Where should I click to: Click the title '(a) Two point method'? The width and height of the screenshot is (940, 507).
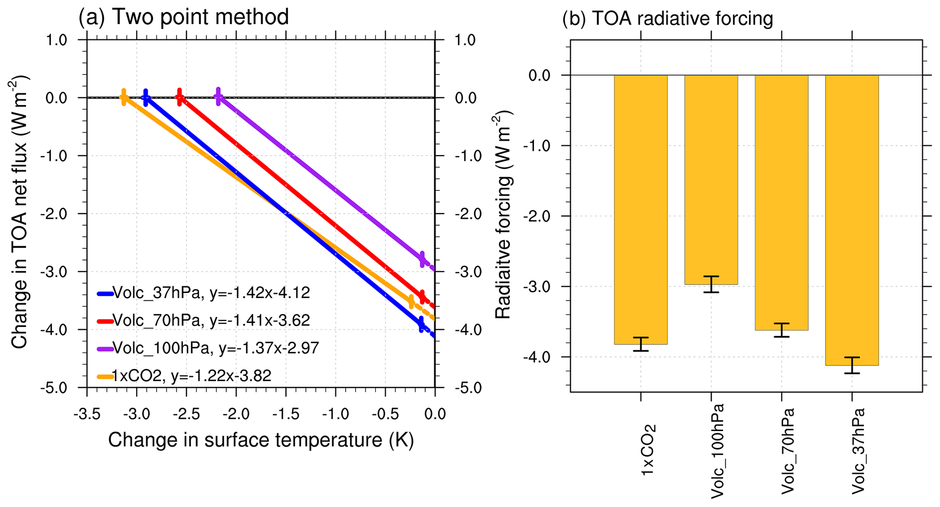pyautogui.click(x=183, y=17)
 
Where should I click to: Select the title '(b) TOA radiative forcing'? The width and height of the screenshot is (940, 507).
pyautogui.click(x=668, y=19)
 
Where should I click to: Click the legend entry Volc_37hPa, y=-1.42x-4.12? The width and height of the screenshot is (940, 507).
pyautogui.click(x=204, y=293)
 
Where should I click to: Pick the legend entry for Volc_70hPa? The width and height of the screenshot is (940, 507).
pyautogui.click(x=204, y=321)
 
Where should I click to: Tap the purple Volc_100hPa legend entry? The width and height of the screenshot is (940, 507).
pyautogui.click(x=208, y=348)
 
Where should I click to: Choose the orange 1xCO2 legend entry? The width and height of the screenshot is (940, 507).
pyautogui.click(x=184, y=376)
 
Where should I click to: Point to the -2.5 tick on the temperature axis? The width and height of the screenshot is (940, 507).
pyautogui.click(x=186, y=414)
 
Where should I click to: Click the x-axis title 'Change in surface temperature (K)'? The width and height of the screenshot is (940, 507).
pyautogui.click(x=261, y=440)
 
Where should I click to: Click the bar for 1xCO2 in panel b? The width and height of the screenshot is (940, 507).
pyautogui.click(x=640, y=209)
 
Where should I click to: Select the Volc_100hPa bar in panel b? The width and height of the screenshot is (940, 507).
pyautogui.click(x=711, y=179)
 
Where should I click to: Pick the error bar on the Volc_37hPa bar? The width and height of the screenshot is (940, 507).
pyautogui.click(x=852, y=365)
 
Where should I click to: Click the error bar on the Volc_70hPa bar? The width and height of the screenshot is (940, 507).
pyautogui.click(x=781, y=330)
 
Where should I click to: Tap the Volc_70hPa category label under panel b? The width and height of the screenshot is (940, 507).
pyautogui.click(x=787, y=451)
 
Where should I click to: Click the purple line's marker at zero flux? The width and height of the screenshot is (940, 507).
pyautogui.click(x=218, y=96)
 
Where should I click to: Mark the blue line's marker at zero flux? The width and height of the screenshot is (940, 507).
pyautogui.click(x=146, y=97)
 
